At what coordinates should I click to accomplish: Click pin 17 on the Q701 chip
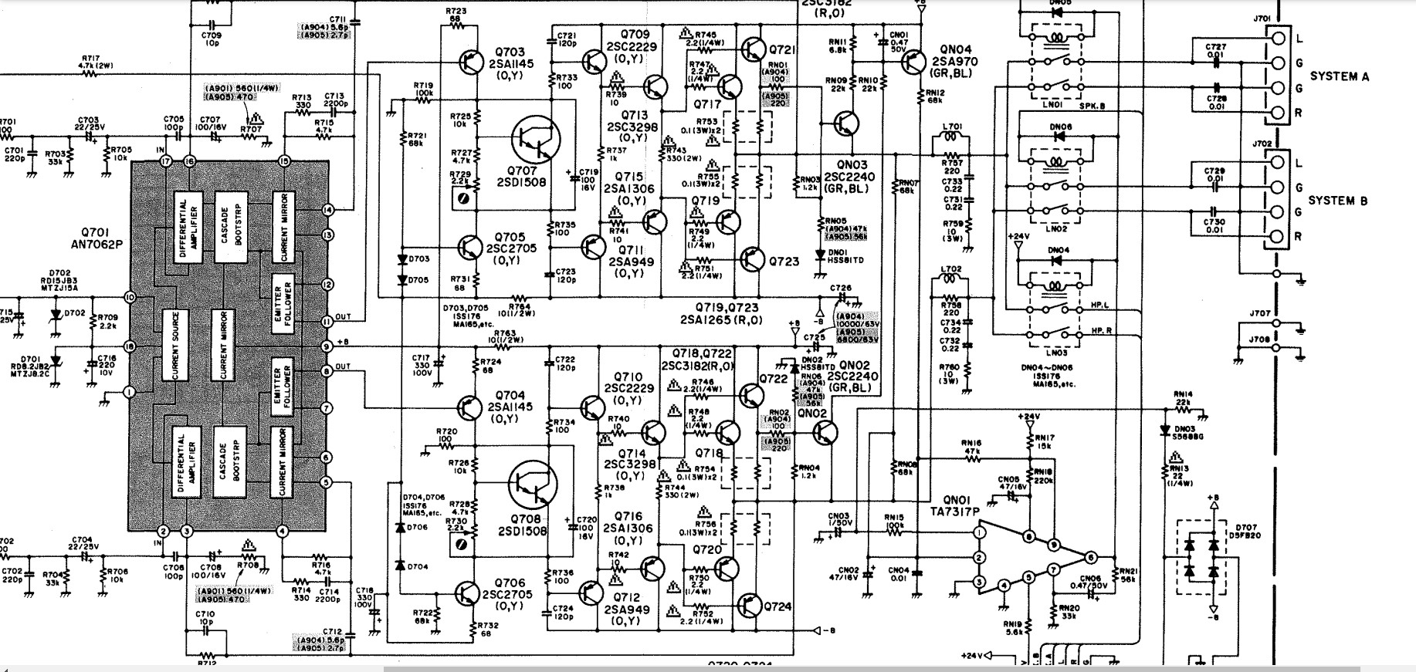click(164, 161)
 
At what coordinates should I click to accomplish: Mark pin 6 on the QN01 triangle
click(1090, 557)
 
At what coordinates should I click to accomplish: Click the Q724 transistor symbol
click(750, 604)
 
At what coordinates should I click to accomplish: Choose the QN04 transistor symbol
click(913, 60)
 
